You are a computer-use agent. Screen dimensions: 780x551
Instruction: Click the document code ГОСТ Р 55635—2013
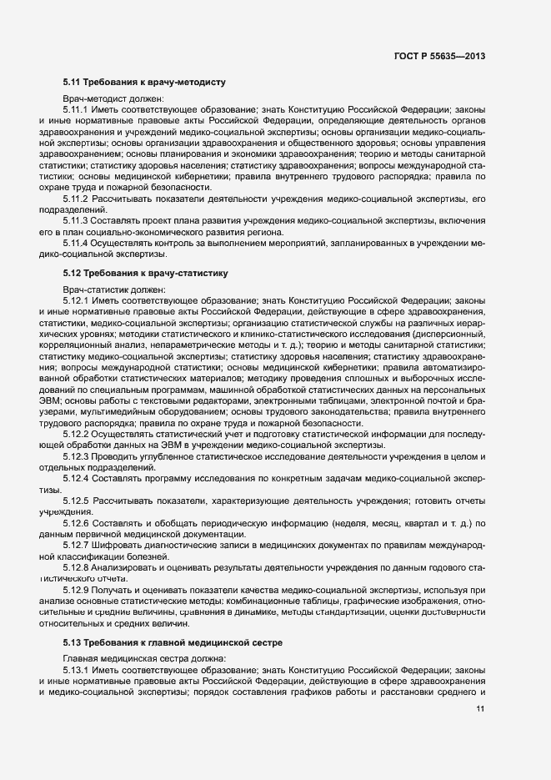[x=438, y=56]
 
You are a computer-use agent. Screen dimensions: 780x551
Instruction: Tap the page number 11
[x=480, y=709]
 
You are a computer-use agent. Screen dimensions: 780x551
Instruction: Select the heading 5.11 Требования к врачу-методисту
[x=143, y=83]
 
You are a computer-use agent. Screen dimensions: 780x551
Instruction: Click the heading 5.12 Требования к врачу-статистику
[x=145, y=273]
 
